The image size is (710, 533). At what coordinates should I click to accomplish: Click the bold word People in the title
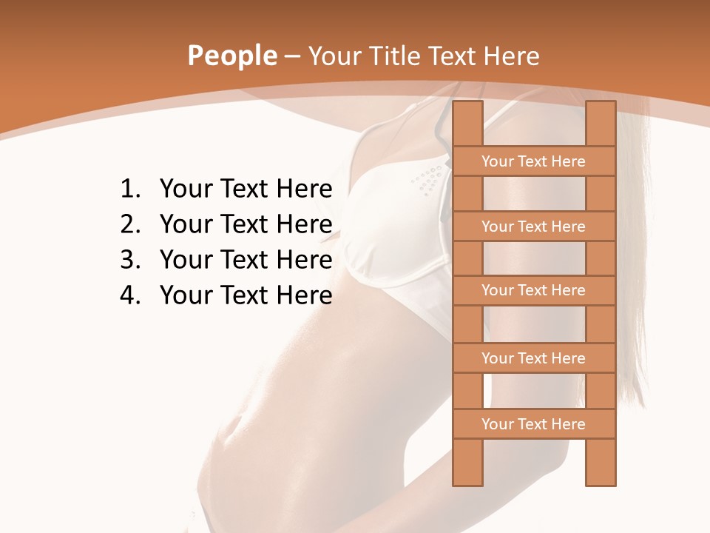coord(231,56)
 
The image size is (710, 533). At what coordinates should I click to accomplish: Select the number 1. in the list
coord(130,190)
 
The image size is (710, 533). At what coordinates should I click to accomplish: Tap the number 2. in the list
coord(130,224)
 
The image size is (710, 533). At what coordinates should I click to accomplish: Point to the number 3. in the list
coord(130,260)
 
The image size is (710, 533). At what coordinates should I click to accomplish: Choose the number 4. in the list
coord(130,295)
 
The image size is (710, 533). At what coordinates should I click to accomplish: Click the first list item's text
coord(246,190)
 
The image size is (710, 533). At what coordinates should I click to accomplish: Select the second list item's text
coord(246,224)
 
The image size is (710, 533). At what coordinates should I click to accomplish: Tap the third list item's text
coord(246,260)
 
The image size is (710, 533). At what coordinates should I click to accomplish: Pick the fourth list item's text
coord(246,295)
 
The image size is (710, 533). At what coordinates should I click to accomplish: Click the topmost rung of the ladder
coord(533,161)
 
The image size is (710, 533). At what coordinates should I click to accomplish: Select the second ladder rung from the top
coord(533,227)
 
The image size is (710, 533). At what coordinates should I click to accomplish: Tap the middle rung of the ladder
coord(533,290)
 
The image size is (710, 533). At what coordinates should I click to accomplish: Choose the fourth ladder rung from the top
coord(533,358)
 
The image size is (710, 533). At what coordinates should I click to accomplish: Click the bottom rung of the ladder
coord(533,424)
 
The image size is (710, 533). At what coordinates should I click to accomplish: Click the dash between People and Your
coord(291,57)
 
